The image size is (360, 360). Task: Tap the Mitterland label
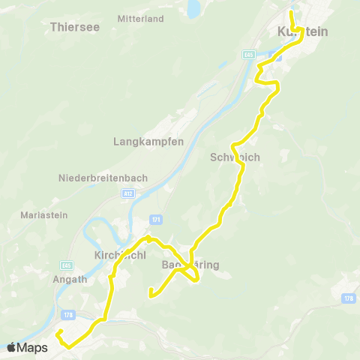pyautogui.click(x=142, y=18)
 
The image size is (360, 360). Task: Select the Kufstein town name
pyautogui.click(x=303, y=31)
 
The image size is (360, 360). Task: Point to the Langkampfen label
pyautogui.click(x=148, y=141)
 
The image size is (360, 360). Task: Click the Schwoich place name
pyautogui.click(x=235, y=158)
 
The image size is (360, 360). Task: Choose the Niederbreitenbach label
pyautogui.click(x=103, y=178)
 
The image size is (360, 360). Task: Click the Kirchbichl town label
pyautogui.click(x=120, y=255)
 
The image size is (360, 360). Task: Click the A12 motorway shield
pyautogui.click(x=129, y=193)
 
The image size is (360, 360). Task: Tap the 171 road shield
pyautogui.click(x=156, y=219)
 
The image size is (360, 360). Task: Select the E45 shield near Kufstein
pyautogui.click(x=249, y=55)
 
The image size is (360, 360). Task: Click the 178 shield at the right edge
pyautogui.click(x=349, y=298)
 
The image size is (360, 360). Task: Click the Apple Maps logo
pyautogui.click(x=27, y=347)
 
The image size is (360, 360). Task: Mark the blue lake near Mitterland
pyautogui.click(x=194, y=9)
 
